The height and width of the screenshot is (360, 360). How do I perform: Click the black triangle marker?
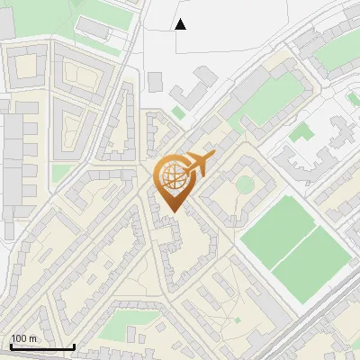pyautogui.click(x=180, y=23)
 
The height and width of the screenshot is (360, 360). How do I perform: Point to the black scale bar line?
pyautogui.click(x=42, y=346)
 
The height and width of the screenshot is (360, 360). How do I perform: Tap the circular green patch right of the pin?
pyautogui.click(x=245, y=184)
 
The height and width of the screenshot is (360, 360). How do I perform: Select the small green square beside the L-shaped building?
pyautogui.click(x=178, y=112)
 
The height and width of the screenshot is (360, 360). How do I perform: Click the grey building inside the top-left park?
pyautogui.click(x=93, y=30)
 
